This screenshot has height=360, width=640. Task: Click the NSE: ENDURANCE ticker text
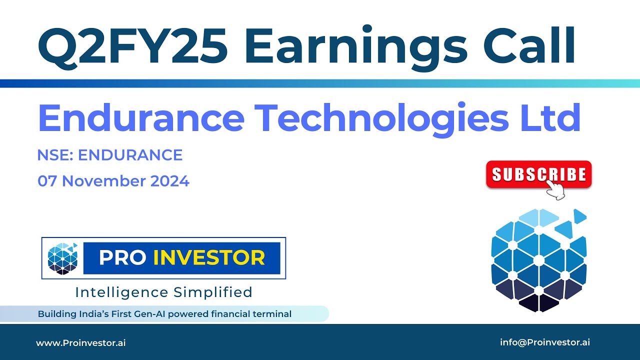110,155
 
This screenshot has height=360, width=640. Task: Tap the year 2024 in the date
169,181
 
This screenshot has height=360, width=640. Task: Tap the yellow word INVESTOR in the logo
209,258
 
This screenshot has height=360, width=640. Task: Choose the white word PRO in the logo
122,258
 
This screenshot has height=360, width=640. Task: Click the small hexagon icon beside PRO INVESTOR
63,258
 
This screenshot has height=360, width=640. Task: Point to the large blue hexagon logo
539,260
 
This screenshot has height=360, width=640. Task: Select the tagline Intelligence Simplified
163,292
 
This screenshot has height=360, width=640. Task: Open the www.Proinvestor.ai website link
80,343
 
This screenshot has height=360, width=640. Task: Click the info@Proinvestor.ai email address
545,342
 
